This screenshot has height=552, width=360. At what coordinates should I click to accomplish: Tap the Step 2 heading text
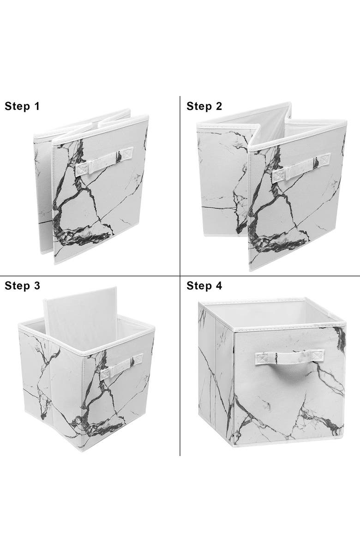[204, 106]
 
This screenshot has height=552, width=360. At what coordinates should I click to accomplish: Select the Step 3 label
[22, 286]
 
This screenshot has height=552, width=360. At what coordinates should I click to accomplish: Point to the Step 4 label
[204, 286]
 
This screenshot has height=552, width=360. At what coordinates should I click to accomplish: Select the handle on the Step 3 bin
[123, 363]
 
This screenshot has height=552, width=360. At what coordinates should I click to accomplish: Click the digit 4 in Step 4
[219, 286]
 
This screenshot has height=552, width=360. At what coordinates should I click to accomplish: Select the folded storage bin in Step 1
[92, 185]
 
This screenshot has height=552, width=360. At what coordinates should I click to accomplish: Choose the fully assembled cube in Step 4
[272, 374]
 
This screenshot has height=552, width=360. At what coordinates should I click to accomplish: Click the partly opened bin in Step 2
[272, 189]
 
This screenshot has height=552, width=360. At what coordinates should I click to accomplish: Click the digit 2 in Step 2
[219, 106]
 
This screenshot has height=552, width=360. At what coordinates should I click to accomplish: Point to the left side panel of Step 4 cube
[215, 369]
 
